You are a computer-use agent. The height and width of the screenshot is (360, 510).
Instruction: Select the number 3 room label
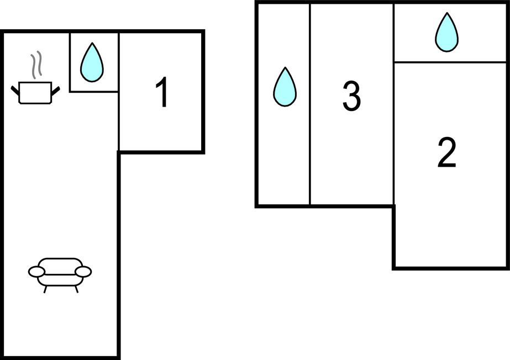pos(351,96)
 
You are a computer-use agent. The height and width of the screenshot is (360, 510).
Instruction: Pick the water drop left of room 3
pos(285,87)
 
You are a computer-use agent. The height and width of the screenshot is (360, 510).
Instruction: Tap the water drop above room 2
pos(446,33)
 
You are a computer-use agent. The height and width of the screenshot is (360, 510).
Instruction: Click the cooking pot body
pos(35,92)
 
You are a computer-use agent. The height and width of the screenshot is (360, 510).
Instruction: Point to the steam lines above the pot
pos(37,65)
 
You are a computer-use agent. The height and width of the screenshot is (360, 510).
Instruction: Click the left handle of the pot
pos(15,88)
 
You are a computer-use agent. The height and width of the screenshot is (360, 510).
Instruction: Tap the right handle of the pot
pos(55,88)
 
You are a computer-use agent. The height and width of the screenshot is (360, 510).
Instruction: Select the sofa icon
pos(60,272)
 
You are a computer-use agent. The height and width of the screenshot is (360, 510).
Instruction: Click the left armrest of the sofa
pos(36,272)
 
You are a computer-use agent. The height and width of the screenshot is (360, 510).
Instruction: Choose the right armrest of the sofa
pos(83,271)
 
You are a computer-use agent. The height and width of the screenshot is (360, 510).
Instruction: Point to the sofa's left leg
pos(44,288)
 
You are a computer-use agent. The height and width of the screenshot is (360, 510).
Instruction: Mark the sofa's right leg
pos(76,288)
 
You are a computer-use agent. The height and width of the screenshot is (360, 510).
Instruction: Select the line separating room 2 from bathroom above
pos(450,62)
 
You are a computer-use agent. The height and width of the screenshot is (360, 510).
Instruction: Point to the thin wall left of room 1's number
pos(119,121)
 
